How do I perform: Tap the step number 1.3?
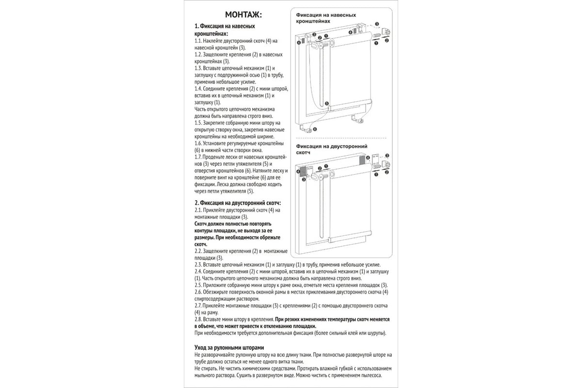point(199,68)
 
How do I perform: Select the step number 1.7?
point(199,157)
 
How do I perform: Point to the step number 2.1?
point(199,210)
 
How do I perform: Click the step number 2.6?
point(199,292)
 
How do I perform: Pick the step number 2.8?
point(199,320)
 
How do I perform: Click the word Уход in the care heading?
point(202,348)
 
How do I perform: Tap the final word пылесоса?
point(370,375)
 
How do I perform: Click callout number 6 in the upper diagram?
point(315,129)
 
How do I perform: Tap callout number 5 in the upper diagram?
point(327,104)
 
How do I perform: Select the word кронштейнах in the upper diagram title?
point(313,22)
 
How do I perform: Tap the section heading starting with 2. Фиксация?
point(237,202)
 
